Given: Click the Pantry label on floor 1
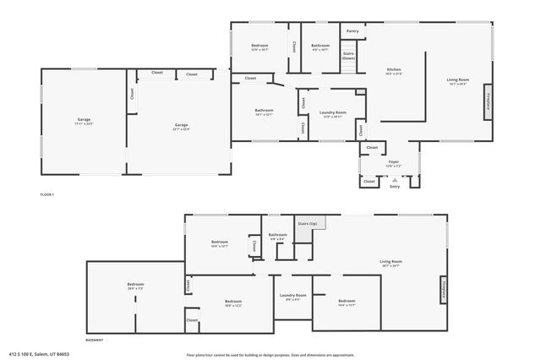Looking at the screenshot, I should (x=352, y=31).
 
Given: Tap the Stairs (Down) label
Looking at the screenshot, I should (x=348, y=56).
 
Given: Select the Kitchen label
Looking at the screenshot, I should (x=394, y=70).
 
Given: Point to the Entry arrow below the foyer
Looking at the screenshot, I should (x=394, y=180).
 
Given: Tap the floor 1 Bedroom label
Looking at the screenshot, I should (x=260, y=46).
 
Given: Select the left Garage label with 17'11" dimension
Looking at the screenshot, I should (x=84, y=121).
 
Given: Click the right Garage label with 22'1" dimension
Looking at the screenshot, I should (x=182, y=127).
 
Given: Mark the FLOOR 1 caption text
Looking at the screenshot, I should (x=47, y=195).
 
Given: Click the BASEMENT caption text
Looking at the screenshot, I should (x=94, y=340).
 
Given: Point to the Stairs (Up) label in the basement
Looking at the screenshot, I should (x=307, y=224).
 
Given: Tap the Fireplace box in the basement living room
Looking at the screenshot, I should (x=441, y=290).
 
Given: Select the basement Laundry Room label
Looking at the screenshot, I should (x=293, y=297).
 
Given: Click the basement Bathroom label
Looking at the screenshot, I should (x=278, y=236).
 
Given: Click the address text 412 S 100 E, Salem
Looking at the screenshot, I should (x=39, y=355).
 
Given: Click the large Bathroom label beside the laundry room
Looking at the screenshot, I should (x=264, y=112).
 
